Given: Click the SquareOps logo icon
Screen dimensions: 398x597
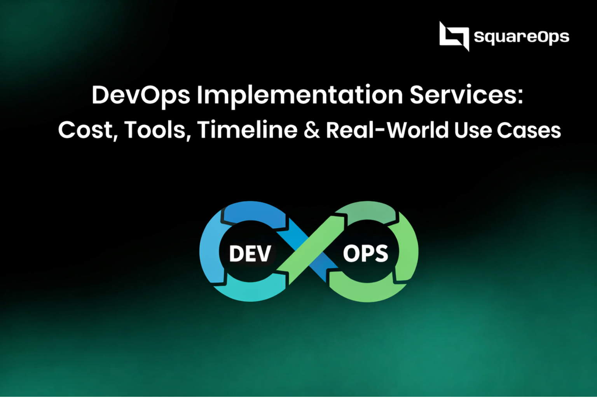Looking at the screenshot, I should tap(454, 36).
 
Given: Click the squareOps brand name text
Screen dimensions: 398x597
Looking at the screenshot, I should tap(521, 37).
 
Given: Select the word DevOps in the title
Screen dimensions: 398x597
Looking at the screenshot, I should tap(141, 95).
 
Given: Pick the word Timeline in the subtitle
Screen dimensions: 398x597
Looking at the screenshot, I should tap(247, 130).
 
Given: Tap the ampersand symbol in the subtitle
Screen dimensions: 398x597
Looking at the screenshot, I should tap(312, 131).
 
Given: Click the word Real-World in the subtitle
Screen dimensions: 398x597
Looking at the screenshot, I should tap(387, 130).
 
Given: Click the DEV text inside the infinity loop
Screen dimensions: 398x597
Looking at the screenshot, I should tap(250, 254).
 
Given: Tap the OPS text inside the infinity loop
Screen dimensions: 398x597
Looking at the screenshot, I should tap(365, 253).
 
